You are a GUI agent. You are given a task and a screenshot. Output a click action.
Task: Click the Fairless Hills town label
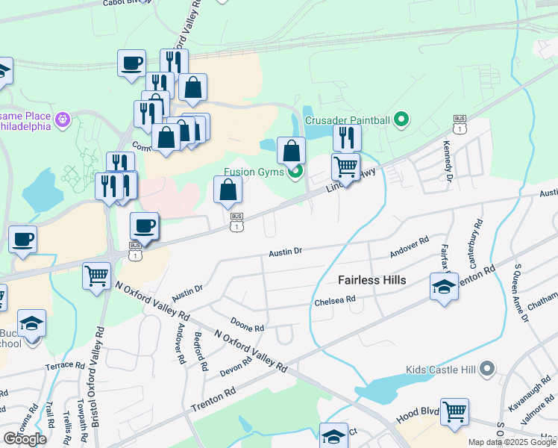pos(372,280)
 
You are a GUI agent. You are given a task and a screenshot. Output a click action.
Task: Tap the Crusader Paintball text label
pos(347,119)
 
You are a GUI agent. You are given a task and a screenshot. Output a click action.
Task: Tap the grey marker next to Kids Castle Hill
pos(487,369)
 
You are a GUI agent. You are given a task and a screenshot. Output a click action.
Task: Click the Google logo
pos(25,439)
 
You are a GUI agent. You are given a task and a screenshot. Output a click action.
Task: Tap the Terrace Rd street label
pos(65,365)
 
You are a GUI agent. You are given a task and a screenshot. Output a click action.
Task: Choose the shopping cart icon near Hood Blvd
pos(454,411)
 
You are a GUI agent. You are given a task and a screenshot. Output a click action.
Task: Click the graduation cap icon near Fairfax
pos(444,286)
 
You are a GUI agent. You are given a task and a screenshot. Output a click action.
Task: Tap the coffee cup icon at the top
pos(132,63)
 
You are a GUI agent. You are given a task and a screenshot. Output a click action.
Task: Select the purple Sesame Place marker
pos(63,118)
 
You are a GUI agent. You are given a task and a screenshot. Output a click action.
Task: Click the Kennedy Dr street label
pos(449,161)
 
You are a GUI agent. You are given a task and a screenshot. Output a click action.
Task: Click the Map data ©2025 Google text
pos(512,442)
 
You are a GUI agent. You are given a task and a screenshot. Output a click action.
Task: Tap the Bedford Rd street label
pos(201,352)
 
